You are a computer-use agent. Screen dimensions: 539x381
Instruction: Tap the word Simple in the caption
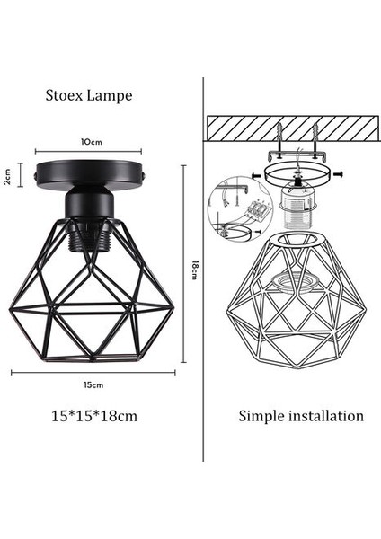point(260,416)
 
